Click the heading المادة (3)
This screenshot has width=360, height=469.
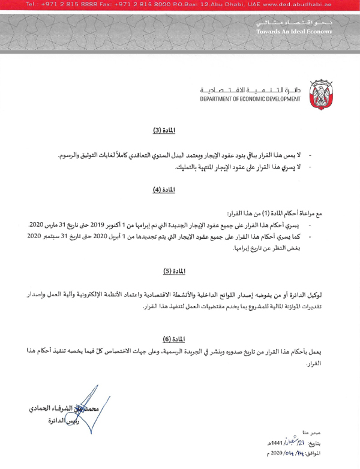(x=164, y=130)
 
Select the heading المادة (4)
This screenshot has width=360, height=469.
(x=164, y=190)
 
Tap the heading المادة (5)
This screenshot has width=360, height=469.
(x=173, y=271)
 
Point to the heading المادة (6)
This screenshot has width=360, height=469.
(x=173, y=338)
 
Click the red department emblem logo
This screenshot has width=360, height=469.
(x=320, y=94)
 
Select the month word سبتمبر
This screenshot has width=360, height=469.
(x=52, y=236)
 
